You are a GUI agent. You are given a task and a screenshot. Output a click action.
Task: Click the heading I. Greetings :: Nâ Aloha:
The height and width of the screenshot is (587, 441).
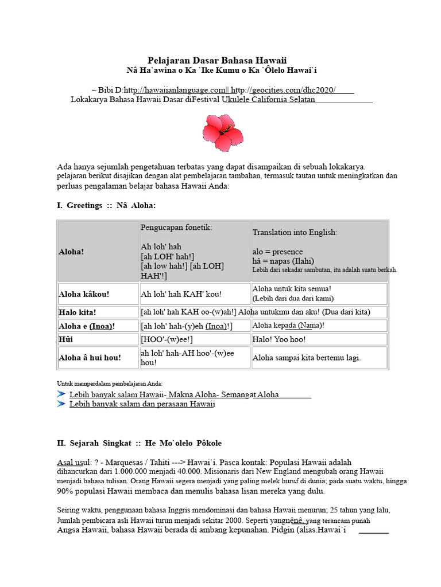pyautogui.click(x=106, y=205)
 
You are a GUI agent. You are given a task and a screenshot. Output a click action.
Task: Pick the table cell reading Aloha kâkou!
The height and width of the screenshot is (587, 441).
pyautogui.click(x=84, y=294)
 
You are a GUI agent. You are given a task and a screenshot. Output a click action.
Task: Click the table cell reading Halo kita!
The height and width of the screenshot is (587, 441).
pyautogui.click(x=78, y=312)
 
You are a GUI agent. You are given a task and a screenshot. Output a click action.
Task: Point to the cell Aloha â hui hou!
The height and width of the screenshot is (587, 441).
pyautogui.click(x=90, y=357)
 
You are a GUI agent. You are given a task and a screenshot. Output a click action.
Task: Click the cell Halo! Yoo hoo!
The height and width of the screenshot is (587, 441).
pyautogui.click(x=280, y=340)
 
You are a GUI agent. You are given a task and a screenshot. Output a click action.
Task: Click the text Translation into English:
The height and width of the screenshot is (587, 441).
pyautogui.click(x=295, y=232)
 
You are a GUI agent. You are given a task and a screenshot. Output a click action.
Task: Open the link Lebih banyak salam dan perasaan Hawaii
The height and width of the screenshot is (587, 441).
pyautogui.click(x=142, y=404)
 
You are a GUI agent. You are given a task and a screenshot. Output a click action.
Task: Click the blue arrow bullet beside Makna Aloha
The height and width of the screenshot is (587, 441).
pyautogui.click(x=61, y=394)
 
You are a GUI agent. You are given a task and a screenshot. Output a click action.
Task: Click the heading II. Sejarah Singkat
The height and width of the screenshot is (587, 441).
pyautogui.click(x=139, y=443)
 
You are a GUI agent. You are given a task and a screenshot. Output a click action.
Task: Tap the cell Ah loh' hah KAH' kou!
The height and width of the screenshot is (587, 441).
pyautogui.click(x=181, y=294)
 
